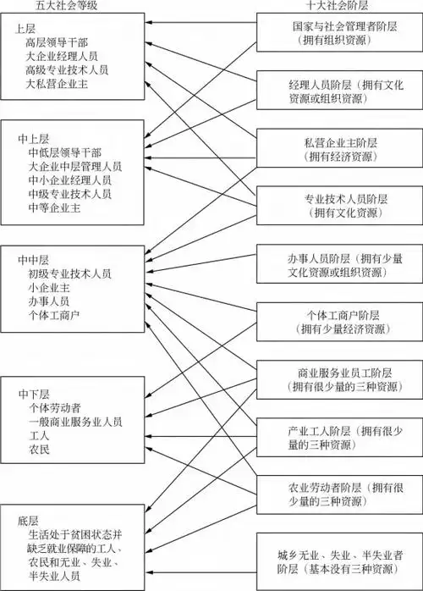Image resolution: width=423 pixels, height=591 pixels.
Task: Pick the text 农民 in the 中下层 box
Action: [38, 450]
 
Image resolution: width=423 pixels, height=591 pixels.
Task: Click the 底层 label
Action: [25, 517]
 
